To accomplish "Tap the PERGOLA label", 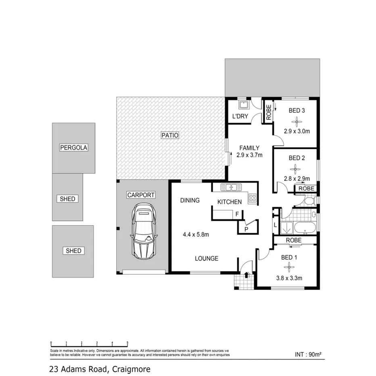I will (x=74, y=147).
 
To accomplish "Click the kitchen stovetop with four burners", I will (x=252, y=198).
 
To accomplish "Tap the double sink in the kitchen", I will (x=231, y=187).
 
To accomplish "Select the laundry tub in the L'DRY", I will (x=243, y=106).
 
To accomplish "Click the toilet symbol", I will (x=309, y=201).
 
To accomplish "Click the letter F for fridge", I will (x=237, y=214).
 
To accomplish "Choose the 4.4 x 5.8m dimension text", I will (x=195, y=234).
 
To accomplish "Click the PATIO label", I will (x=170, y=135).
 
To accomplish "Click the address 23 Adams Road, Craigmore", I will (x=99, y=369).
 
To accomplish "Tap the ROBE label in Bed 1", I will (x=293, y=240).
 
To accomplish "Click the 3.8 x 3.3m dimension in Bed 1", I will (x=289, y=278).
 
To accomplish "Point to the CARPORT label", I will (x=141, y=195).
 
